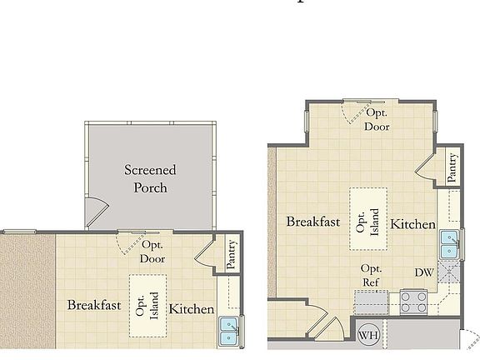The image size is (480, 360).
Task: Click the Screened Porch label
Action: coord(151,178)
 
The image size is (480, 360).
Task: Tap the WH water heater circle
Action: coord(367,337)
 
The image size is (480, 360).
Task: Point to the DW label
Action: coord(423,272)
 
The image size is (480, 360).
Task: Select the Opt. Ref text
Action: coord(371,276)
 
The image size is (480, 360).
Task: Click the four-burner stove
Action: coord(413,301)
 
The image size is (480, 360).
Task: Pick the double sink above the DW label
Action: coord(450,245)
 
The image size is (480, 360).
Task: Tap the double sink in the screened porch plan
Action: coord(227,331)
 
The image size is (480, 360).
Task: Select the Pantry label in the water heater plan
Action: coord(451,168)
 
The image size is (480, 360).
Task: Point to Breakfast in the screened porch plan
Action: coord(94,305)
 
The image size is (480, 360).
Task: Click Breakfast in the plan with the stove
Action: coord(313,222)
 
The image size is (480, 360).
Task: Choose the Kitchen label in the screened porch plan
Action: coord(193,309)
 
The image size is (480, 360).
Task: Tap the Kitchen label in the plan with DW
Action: coord(413,224)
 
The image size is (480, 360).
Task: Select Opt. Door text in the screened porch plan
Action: coord(152,252)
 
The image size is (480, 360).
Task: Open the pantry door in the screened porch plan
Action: coord(205,253)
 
